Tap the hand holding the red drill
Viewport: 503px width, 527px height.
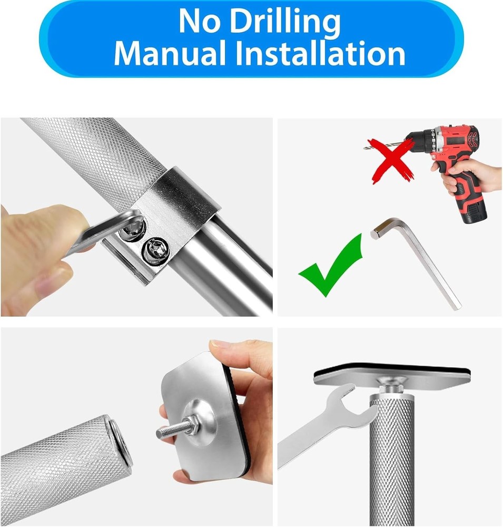[469, 177]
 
